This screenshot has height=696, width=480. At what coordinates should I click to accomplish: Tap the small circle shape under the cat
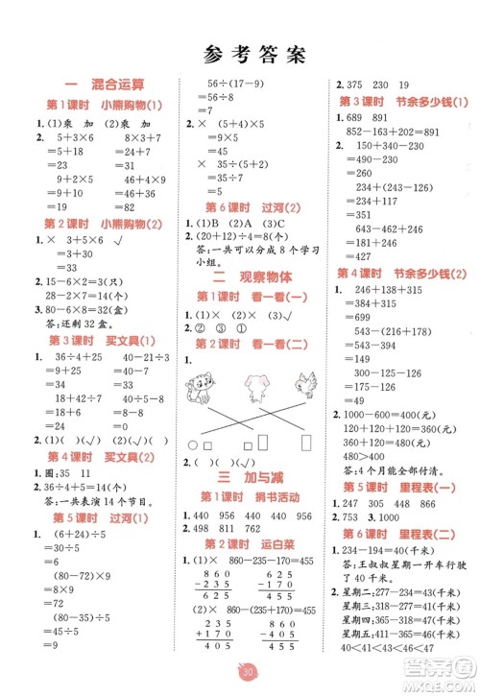193,446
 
